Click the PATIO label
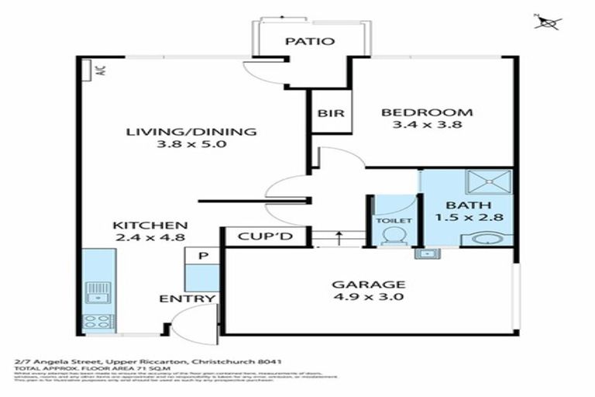[309, 41]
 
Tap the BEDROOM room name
[427, 112]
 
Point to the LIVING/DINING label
[191, 131]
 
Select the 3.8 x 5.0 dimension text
[191, 145]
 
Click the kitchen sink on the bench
[98, 294]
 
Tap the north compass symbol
[549, 22]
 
